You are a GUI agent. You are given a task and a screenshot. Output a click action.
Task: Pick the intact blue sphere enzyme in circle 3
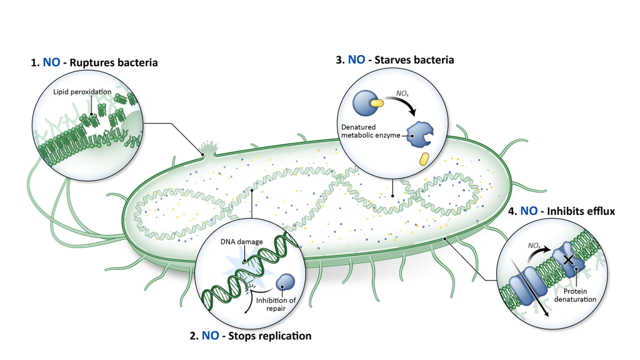click(x=363, y=104)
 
